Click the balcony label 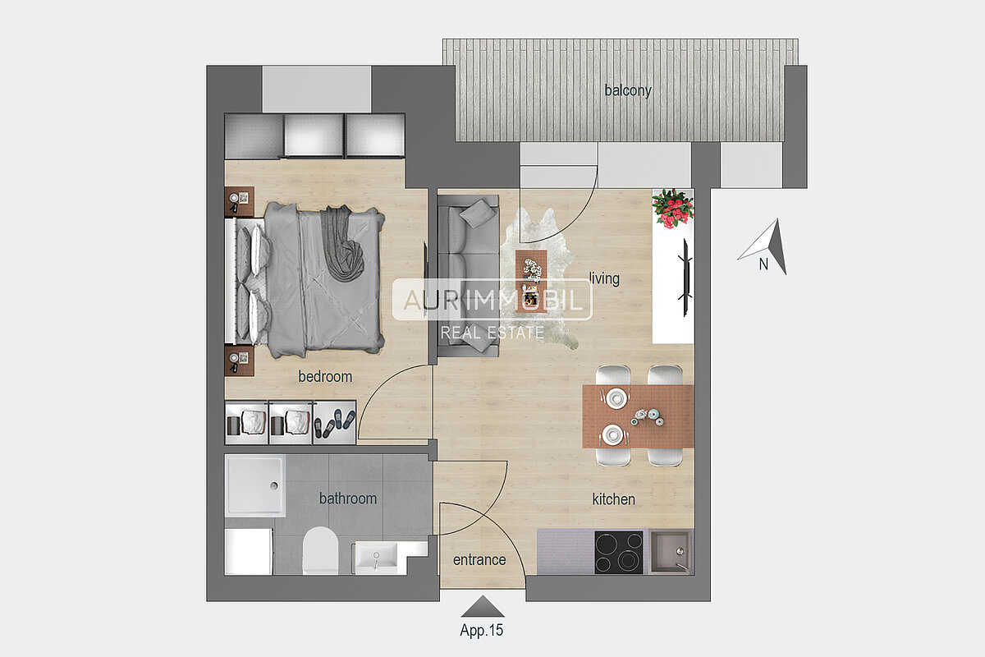(x=627, y=90)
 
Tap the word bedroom (x=325, y=377)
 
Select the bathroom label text (x=348, y=498)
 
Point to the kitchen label (x=613, y=499)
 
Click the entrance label (x=479, y=560)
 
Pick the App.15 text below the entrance (x=482, y=630)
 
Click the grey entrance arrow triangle (x=483, y=606)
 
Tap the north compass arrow (x=766, y=246)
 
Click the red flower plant (x=672, y=208)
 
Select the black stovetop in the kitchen (x=619, y=553)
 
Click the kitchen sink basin (x=671, y=552)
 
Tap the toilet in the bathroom (x=321, y=550)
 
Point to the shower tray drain (x=274, y=486)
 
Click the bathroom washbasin (x=376, y=558)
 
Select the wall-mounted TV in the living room (x=685, y=278)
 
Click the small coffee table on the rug (x=531, y=281)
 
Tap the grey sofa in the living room (x=469, y=276)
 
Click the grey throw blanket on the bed (x=343, y=243)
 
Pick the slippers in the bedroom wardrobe (x=334, y=423)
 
